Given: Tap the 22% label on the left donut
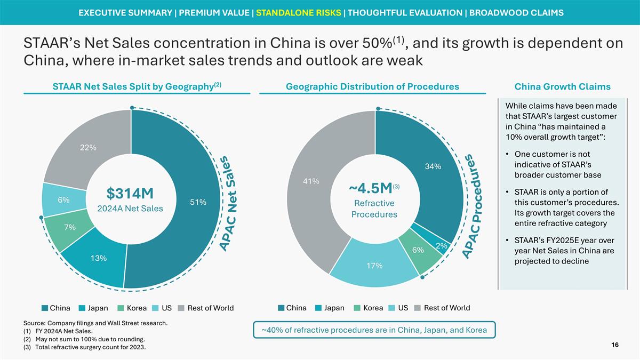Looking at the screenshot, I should [x=88, y=148].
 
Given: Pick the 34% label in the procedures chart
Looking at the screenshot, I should [x=433, y=166].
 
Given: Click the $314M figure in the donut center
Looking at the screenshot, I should [x=130, y=191].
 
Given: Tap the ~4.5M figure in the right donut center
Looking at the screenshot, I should [x=371, y=188].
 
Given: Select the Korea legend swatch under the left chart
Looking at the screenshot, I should [x=121, y=308].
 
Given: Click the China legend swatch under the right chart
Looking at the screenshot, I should [x=281, y=308].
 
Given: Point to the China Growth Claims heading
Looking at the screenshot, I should [x=562, y=86].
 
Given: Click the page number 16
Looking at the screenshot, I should [x=614, y=346].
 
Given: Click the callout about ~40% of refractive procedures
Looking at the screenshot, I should [x=374, y=330].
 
